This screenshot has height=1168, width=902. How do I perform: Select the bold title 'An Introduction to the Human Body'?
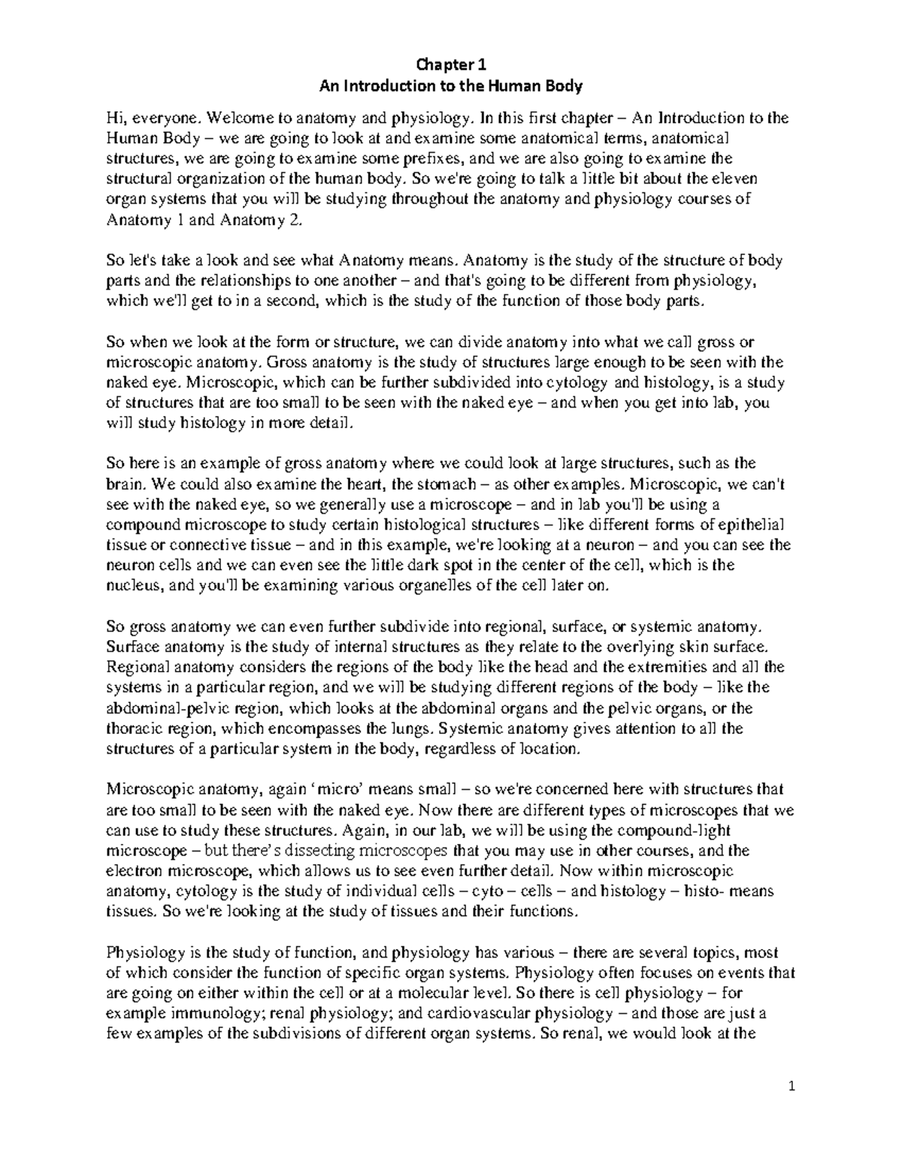click(451, 86)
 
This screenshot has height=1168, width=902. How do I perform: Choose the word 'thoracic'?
click(131, 728)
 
